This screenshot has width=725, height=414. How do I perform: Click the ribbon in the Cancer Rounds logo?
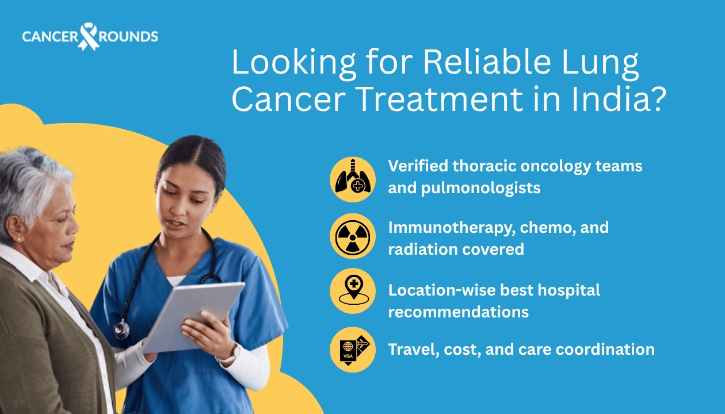click(89, 36)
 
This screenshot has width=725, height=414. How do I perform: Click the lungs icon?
click(353, 179)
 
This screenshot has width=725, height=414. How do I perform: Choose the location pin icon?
click(353, 292)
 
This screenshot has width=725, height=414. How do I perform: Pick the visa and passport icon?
click(353, 349)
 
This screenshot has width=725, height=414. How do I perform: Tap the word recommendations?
click(458, 312)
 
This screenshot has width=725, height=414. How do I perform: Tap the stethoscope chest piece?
click(121, 329)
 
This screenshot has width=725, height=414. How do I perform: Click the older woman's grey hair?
click(35, 172)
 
